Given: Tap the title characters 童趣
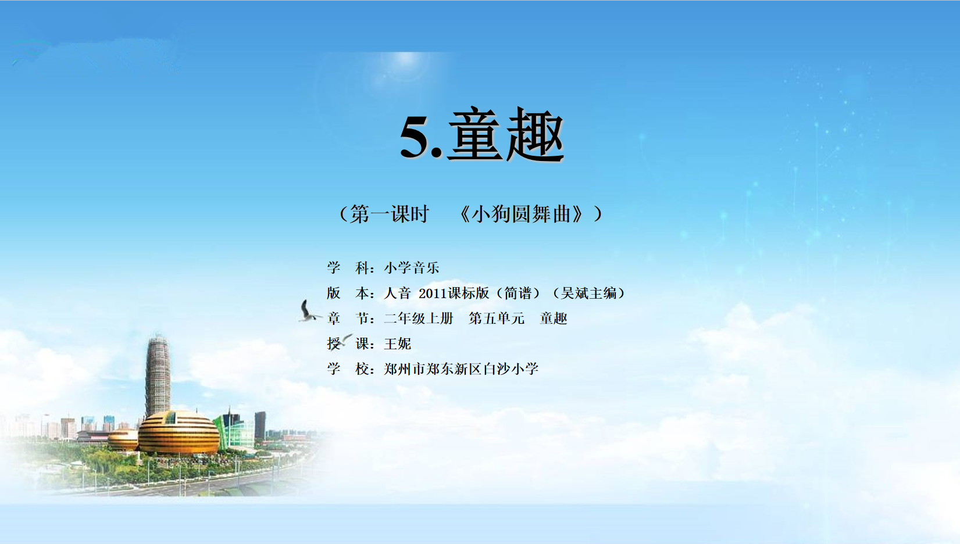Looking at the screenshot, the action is [x=506, y=134].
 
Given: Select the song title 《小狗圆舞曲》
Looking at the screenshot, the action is [x=522, y=214].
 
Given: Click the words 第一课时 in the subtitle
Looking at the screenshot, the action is [x=389, y=214].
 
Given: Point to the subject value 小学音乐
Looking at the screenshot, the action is [x=412, y=268].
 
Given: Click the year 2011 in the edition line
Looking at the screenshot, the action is [x=433, y=294].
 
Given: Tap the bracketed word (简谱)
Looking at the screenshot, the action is [x=518, y=294].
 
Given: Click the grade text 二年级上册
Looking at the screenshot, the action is [x=418, y=318].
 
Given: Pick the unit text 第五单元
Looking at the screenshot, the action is [x=497, y=318].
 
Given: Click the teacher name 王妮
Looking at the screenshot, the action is [x=397, y=343].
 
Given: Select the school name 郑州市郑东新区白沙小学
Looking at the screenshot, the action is [x=461, y=369].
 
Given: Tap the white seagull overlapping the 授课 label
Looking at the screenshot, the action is [x=341, y=341].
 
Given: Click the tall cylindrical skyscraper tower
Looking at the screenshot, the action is [x=158, y=375].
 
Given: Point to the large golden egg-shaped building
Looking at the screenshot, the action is [x=179, y=432].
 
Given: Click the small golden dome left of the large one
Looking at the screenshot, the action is [x=123, y=441].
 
